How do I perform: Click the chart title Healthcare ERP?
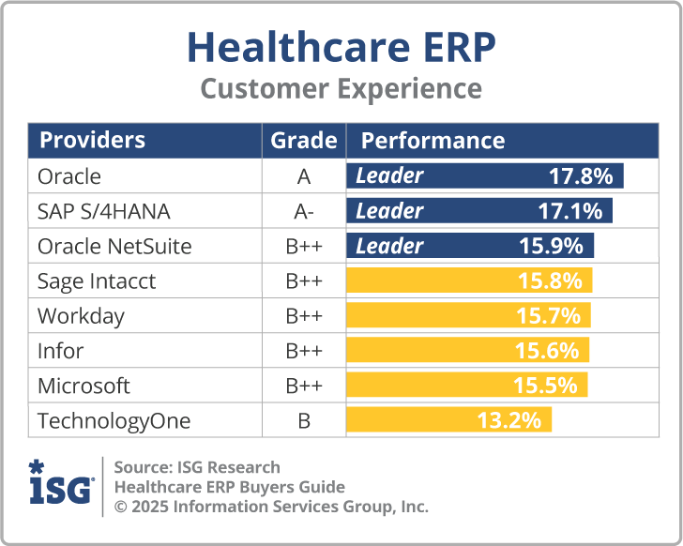tap(341, 46)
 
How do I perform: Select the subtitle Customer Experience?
tap(341, 89)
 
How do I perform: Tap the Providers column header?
tap(92, 141)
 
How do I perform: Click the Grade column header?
tap(303, 141)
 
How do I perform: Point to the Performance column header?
tap(433, 141)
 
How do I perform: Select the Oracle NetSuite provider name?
tap(114, 246)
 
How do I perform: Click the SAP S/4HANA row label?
tap(104, 211)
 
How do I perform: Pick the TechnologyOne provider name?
tap(114, 420)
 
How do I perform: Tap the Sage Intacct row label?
tap(97, 281)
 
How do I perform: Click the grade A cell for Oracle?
tap(303, 176)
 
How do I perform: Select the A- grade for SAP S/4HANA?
tap(303, 211)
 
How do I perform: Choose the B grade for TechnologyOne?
tap(303, 420)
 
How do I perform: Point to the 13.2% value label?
tap(509, 420)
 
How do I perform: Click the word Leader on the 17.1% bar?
tap(389, 211)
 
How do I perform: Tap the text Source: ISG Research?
tap(197, 467)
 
